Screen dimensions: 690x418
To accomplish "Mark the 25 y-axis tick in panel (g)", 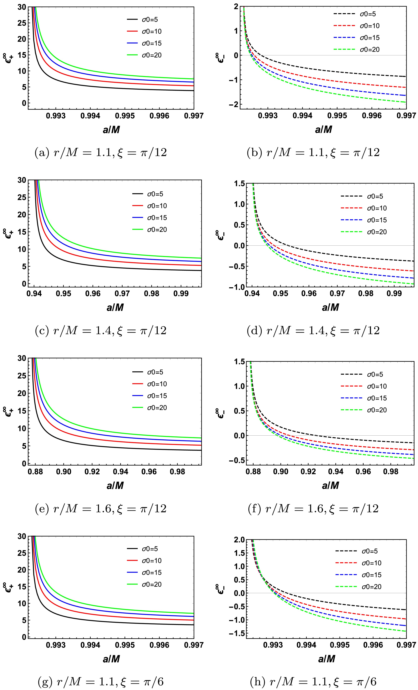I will pyautogui.click(x=22, y=553).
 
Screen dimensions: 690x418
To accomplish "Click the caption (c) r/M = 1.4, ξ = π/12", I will pyautogui.click(x=101, y=330).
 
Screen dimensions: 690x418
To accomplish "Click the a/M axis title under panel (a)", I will pyautogui.click(x=111, y=130).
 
